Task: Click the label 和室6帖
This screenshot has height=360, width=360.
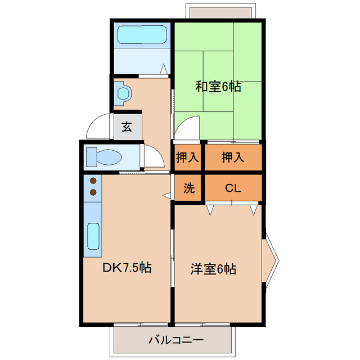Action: click(x=218, y=87)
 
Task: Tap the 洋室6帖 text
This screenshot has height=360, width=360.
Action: click(x=213, y=269)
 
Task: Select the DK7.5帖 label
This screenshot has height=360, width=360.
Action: click(x=126, y=267)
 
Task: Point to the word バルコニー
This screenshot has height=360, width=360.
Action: click(x=175, y=340)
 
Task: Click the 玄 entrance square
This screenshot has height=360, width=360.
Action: click(x=127, y=127)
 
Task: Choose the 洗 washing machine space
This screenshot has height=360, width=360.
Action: click(x=189, y=188)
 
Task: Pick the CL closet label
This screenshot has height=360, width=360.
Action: click(x=233, y=188)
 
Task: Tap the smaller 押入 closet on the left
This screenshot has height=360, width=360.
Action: click(x=187, y=157)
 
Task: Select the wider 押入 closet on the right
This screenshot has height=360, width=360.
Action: click(x=233, y=157)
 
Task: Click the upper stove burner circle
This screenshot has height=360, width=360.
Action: click(x=93, y=181)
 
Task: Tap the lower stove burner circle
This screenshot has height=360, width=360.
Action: click(x=93, y=192)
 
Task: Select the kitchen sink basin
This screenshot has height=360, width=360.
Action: click(x=93, y=236)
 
